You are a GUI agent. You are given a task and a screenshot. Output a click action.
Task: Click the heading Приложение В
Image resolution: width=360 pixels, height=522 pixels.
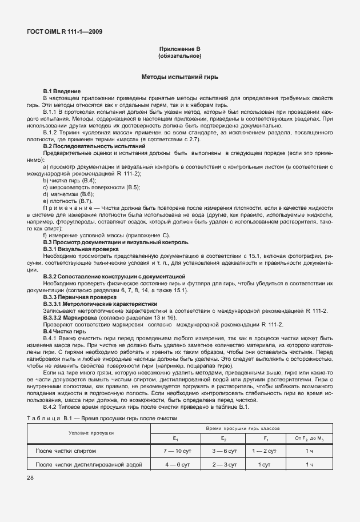(x=179, y=50)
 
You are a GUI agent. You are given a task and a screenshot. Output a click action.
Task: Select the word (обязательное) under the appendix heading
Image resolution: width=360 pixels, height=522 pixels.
(x=179, y=57)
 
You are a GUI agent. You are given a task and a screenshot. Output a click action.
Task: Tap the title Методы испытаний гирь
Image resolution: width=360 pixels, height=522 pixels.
(x=179, y=76)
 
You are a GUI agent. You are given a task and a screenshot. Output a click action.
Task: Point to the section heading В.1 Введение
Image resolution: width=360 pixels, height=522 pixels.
(x=62, y=91)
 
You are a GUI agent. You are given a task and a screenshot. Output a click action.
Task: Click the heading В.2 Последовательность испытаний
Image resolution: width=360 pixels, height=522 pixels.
(x=94, y=146)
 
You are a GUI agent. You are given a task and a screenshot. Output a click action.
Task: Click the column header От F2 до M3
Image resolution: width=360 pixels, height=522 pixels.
(x=309, y=438)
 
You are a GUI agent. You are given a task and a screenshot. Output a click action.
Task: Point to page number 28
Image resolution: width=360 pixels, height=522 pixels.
(x=30, y=478)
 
